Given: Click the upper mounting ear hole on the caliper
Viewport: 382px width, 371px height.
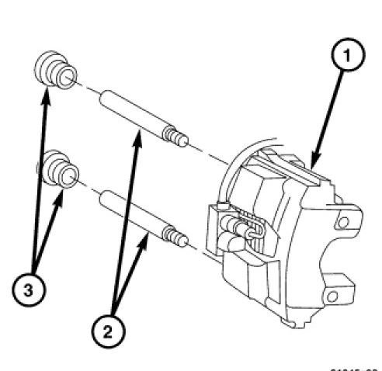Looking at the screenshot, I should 341,224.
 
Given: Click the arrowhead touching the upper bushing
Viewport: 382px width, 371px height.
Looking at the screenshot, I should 46,91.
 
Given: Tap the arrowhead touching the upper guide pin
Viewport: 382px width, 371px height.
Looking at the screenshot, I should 140,133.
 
